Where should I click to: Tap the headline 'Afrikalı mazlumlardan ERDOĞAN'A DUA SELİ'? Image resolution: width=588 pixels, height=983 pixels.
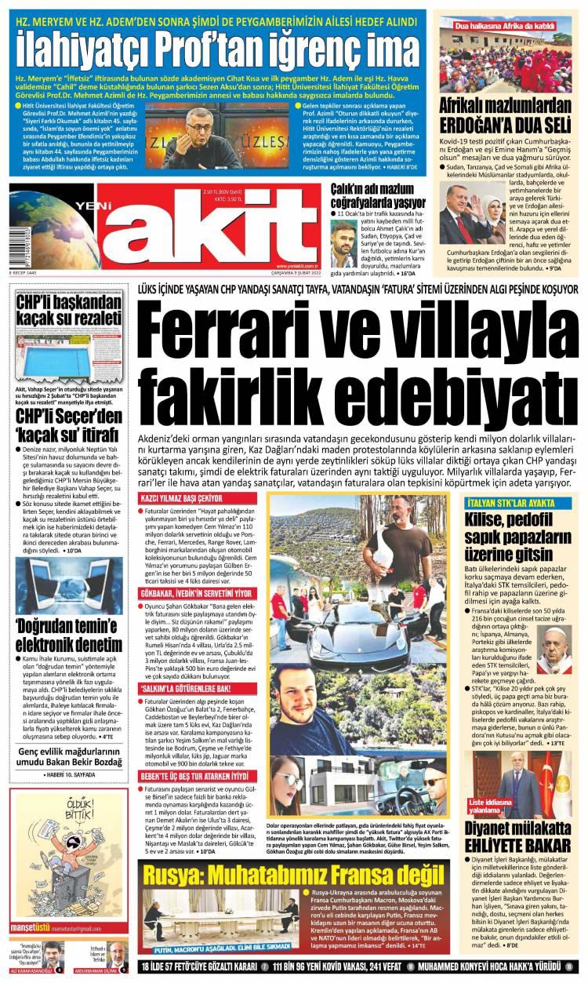tap(512, 115)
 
